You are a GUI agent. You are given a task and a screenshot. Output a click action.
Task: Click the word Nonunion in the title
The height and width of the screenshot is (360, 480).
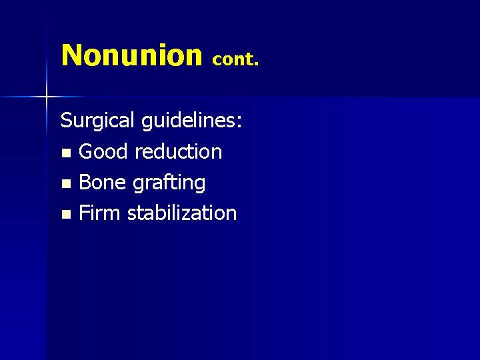point(131,55)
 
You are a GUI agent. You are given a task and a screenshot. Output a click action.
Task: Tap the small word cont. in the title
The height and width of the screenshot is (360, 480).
point(235,59)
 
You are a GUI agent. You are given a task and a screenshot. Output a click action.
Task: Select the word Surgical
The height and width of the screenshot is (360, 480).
point(98,121)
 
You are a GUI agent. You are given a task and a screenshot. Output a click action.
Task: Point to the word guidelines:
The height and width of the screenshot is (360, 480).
point(192,121)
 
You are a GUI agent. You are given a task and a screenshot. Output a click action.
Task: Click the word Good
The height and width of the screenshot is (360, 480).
point(103,152)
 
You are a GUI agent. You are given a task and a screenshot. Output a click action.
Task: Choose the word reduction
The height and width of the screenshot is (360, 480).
point(178,152)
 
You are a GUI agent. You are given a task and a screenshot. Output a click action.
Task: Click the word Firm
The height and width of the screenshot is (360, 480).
point(100,213)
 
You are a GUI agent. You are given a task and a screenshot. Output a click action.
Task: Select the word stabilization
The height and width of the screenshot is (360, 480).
point(182,213)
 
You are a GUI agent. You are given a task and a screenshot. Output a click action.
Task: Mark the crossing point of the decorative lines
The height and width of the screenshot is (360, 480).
point(47,97)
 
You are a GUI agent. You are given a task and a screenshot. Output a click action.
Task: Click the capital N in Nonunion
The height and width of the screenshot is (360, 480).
point(71,55)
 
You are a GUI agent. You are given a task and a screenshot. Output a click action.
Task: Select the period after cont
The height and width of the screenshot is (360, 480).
point(256,65)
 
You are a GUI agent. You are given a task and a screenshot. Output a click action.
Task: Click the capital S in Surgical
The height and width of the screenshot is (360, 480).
point(67,121)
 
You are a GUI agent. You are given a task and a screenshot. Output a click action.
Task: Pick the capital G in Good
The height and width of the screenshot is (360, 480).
point(86,152)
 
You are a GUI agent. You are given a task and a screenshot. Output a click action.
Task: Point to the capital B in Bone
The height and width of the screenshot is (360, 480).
point(85,183)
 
